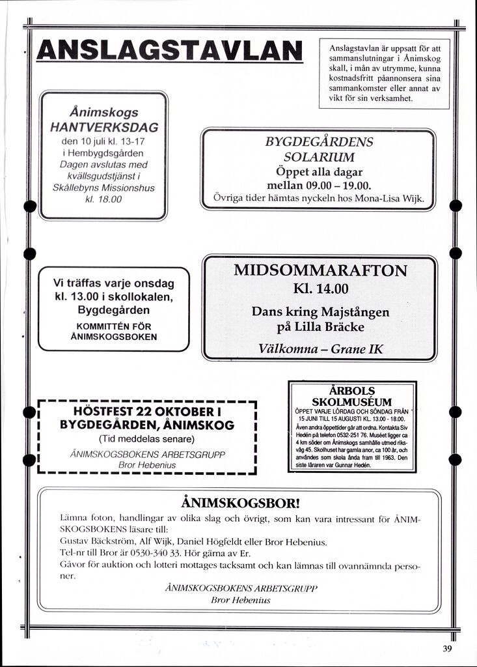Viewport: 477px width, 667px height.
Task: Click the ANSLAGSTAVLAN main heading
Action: click(170, 51)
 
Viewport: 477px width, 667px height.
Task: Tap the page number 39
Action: click(447, 648)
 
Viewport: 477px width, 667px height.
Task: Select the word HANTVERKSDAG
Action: click(104, 126)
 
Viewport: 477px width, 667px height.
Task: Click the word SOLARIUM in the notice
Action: click(319, 157)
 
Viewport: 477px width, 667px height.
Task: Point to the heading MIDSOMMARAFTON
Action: click(320, 271)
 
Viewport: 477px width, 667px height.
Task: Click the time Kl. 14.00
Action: click(321, 289)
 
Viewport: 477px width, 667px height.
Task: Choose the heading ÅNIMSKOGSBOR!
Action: click(241, 502)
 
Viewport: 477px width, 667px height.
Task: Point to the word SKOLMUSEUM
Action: click(351, 402)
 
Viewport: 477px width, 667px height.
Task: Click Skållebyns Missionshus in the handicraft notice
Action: click(104, 188)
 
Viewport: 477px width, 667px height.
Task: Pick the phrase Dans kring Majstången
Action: click(320, 311)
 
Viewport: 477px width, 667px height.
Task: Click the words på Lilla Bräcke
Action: click(321, 326)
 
